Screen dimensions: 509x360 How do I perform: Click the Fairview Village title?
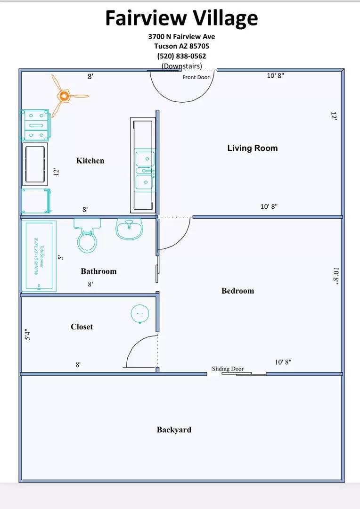coord(181,18)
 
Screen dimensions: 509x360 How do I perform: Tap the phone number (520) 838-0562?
coord(181,56)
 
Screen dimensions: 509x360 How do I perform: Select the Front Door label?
coord(196,77)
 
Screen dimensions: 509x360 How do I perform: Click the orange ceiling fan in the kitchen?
coord(64,96)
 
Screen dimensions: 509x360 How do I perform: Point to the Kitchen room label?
coord(90,161)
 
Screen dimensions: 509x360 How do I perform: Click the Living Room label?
coord(252,148)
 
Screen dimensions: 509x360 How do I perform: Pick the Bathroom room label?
coord(98,271)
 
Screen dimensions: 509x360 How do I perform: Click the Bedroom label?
coord(237,291)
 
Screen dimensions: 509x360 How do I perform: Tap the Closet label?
coord(82,327)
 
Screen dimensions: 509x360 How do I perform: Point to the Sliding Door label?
coord(228,369)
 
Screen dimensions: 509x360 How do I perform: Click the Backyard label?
coord(174,429)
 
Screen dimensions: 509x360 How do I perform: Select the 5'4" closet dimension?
coord(27,335)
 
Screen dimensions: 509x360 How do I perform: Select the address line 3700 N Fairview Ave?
coord(181,37)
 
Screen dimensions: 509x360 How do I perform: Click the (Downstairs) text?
coord(181,66)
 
